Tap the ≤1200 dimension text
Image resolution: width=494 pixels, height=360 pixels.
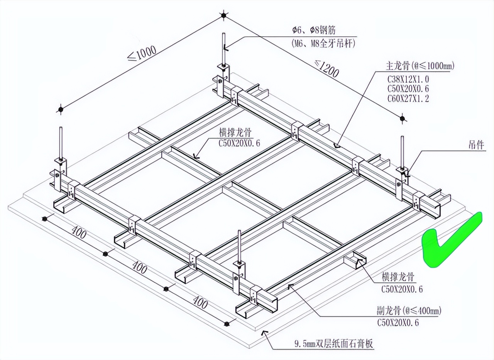327,68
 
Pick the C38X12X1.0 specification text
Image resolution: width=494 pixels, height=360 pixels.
408,80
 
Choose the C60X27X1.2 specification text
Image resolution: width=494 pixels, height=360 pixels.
408,98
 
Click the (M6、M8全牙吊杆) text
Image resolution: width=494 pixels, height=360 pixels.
323,44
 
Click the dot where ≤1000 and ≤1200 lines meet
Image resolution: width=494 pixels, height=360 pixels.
224,16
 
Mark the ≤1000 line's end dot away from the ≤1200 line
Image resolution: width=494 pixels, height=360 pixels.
60,109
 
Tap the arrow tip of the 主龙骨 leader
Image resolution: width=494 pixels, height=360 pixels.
337,146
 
